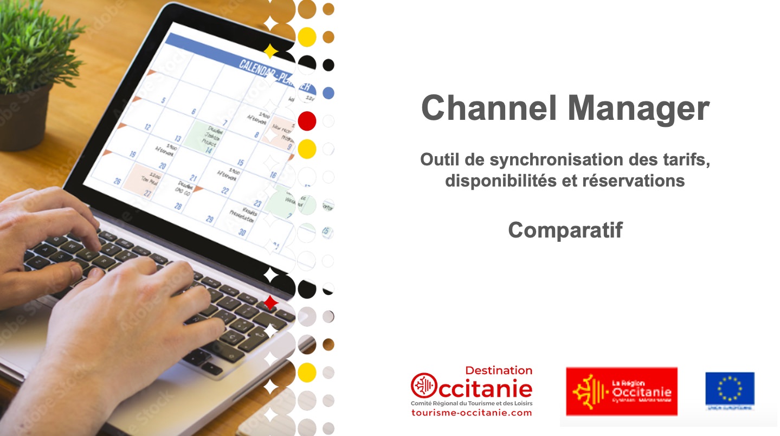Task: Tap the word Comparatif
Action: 565,230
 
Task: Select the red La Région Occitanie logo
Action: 621,391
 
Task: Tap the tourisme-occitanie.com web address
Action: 472,413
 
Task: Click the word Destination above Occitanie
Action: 499,370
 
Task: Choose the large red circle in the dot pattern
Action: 307,121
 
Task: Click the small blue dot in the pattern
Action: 328,93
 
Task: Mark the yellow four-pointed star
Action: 270,52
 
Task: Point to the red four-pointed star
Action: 270,303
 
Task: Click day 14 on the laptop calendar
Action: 208,150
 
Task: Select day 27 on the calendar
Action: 147,193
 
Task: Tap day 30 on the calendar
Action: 242,232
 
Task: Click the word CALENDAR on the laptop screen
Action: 258,68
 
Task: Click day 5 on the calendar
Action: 163,101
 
